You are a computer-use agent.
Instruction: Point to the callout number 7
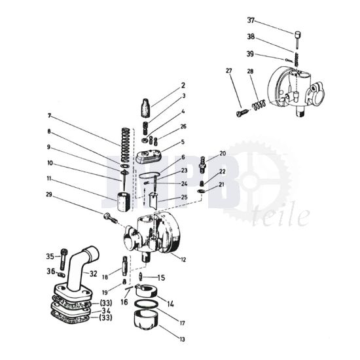click(x=49, y=116)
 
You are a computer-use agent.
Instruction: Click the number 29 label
click(x=49, y=195)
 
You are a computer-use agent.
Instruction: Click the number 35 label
click(x=50, y=257)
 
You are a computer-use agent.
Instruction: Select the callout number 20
click(x=223, y=154)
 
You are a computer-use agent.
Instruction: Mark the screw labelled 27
click(x=240, y=113)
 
